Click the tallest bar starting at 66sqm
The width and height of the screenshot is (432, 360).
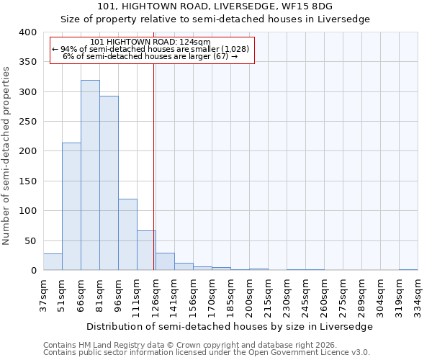coord(90,175)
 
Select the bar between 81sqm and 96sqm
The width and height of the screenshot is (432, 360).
coord(109,183)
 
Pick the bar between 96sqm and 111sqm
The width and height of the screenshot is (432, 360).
coord(127,235)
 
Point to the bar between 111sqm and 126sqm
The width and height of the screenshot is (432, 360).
coord(146,251)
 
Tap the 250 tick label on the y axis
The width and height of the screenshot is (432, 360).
coord(27,122)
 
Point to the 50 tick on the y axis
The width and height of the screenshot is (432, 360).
coord(30,240)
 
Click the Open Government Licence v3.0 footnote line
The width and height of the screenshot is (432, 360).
coord(207,353)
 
